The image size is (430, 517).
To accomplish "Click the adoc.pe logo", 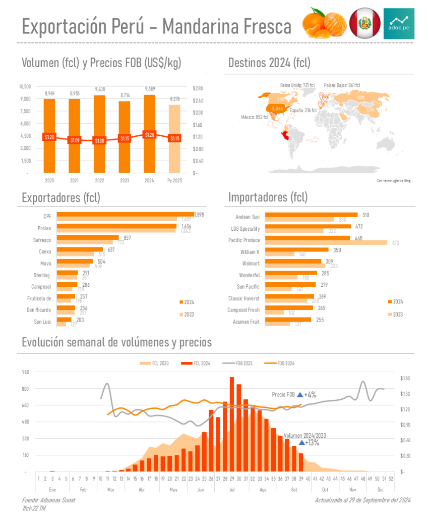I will click(399, 24).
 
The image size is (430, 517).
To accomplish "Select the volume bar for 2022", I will click(99, 134).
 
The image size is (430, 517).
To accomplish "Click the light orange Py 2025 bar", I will click(174, 139).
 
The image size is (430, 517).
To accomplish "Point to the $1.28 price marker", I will click(149, 135).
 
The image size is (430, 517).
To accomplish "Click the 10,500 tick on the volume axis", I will click(25, 86).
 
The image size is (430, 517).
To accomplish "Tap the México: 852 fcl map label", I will click(256, 118).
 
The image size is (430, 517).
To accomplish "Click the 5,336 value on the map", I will click(277, 109).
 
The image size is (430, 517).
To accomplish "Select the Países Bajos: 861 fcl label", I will click(342, 85).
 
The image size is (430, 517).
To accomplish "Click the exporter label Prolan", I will click(44, 229).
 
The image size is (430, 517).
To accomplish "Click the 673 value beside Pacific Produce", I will click(395, 243).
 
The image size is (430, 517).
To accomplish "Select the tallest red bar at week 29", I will click(232, 424).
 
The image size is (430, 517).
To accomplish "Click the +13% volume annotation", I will click(312, 443).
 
